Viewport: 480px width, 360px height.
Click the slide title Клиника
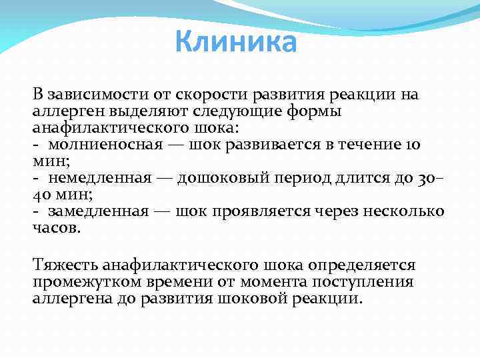(236, 43)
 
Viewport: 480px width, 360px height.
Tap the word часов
(56, 228)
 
